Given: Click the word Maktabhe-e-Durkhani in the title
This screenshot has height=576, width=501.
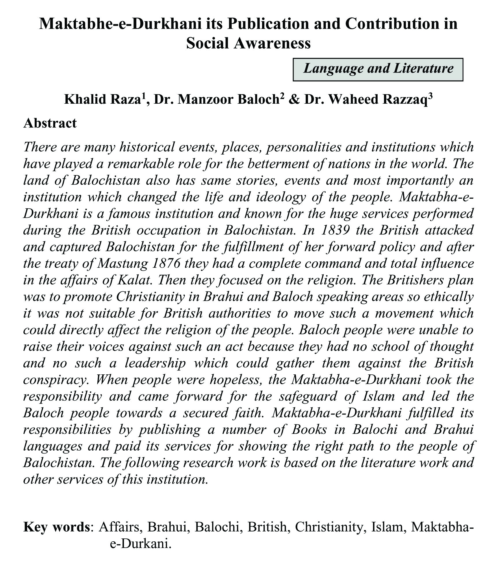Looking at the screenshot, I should (x=120, y=23).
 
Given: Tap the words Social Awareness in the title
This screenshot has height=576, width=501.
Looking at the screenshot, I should (x=248, y=43).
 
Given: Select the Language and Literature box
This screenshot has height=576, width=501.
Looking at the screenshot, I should (x=378, y=69).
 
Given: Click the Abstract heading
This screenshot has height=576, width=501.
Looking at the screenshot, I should (x=50, y=123).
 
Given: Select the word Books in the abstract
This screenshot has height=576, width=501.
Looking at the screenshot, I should (x=309, y=430).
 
